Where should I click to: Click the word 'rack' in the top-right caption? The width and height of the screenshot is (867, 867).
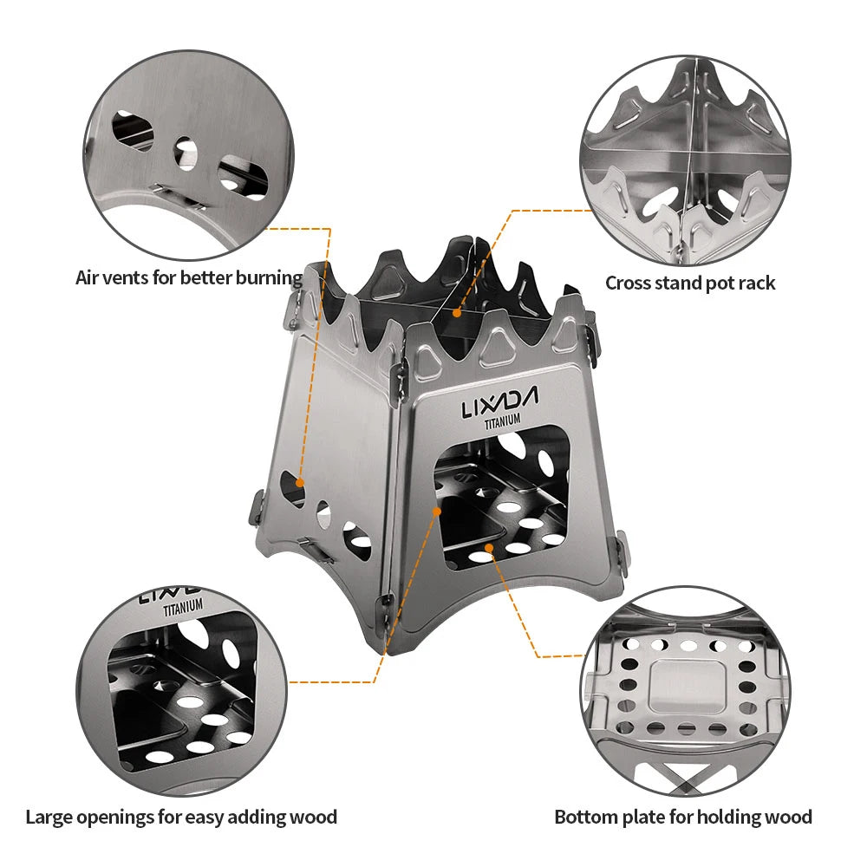click(x=756, y=283)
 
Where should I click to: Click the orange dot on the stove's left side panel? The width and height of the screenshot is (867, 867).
click(x=300, y=482)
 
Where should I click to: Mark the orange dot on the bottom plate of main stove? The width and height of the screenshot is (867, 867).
click(x=490, y=548)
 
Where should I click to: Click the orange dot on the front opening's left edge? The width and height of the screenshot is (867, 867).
click(x=438, y=512)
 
